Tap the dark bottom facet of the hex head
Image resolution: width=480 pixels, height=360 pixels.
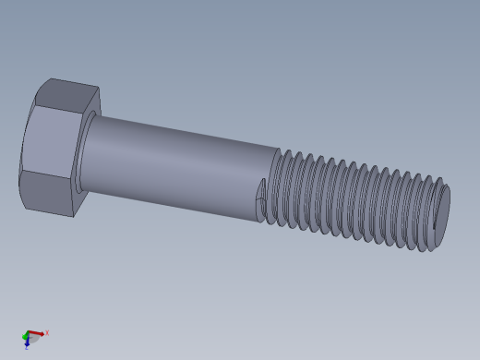click(48, 193)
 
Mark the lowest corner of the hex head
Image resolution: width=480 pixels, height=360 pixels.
click(73, 217)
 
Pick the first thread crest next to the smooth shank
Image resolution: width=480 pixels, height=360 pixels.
click(275, 185)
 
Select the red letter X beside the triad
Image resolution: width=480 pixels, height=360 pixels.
click(47, 332)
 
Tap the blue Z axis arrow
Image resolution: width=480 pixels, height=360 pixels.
click(28, 341)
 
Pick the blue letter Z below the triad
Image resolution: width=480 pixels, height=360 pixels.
click(27, 348)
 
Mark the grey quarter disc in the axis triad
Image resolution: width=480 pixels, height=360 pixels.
click(31, 337)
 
